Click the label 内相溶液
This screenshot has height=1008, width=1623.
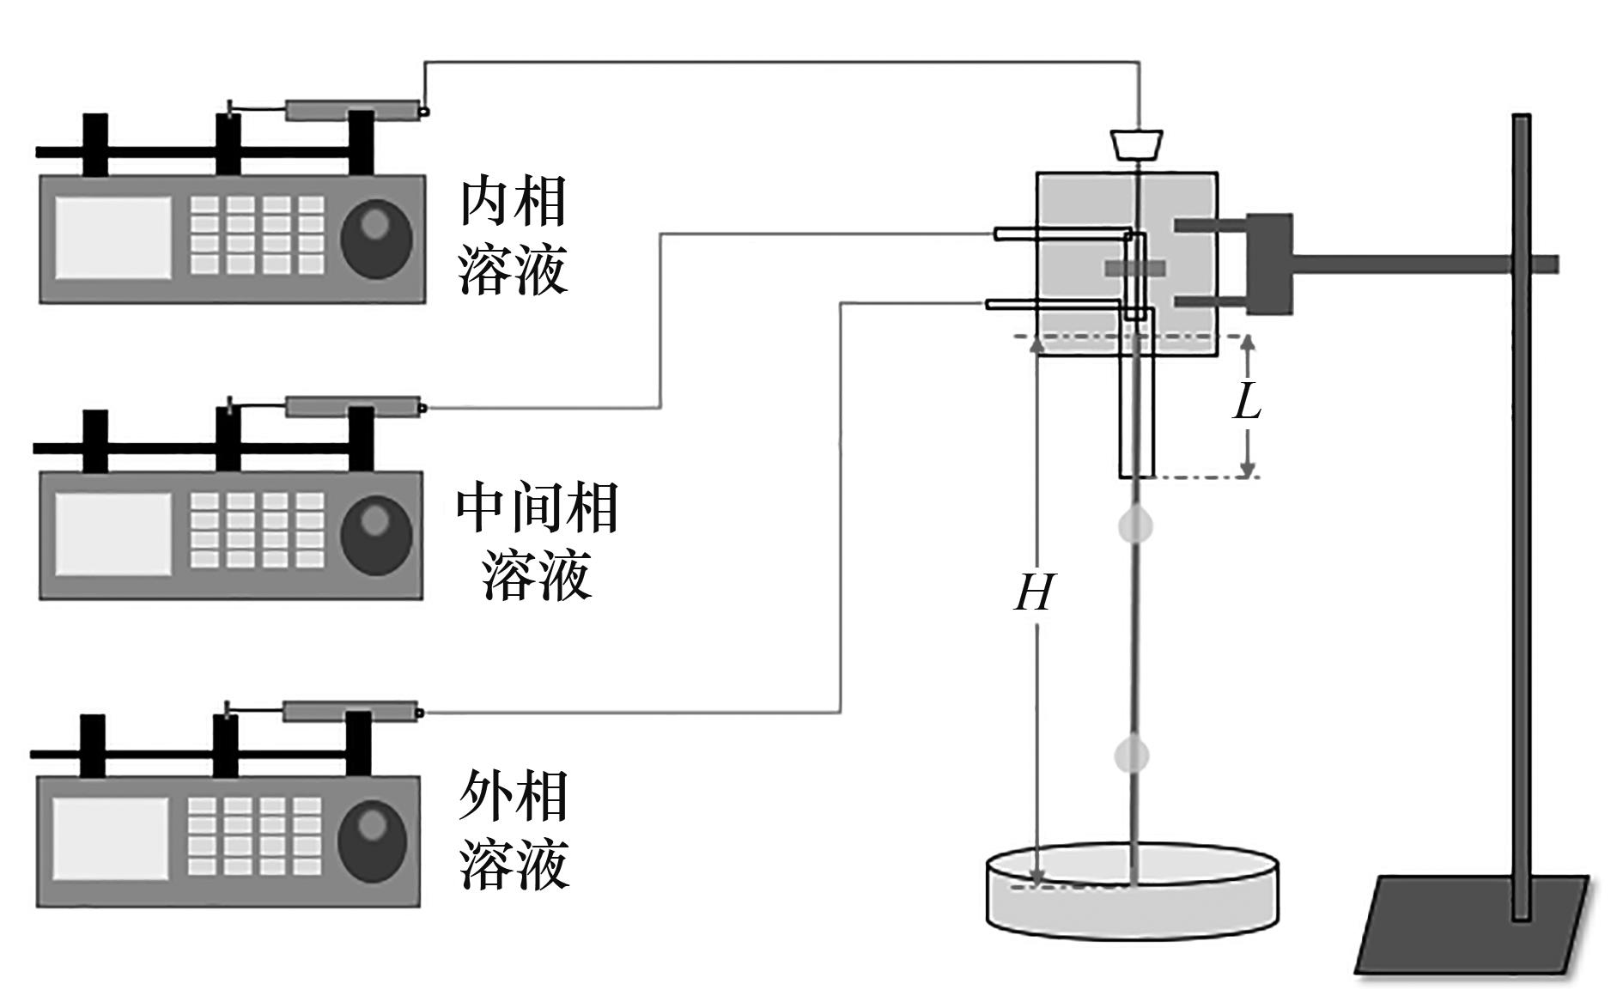pos(514,236)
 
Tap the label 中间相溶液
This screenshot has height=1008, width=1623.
pos(537,541)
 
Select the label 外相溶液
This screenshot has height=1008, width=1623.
pos(514,830)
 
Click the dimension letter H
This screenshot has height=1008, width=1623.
pos(1033,592)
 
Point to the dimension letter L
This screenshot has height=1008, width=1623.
pos(1248,400)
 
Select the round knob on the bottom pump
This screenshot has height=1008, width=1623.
pos(372,839)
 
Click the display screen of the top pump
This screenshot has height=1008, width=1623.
pos(114,238)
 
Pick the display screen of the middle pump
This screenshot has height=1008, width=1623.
pos(113,534)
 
